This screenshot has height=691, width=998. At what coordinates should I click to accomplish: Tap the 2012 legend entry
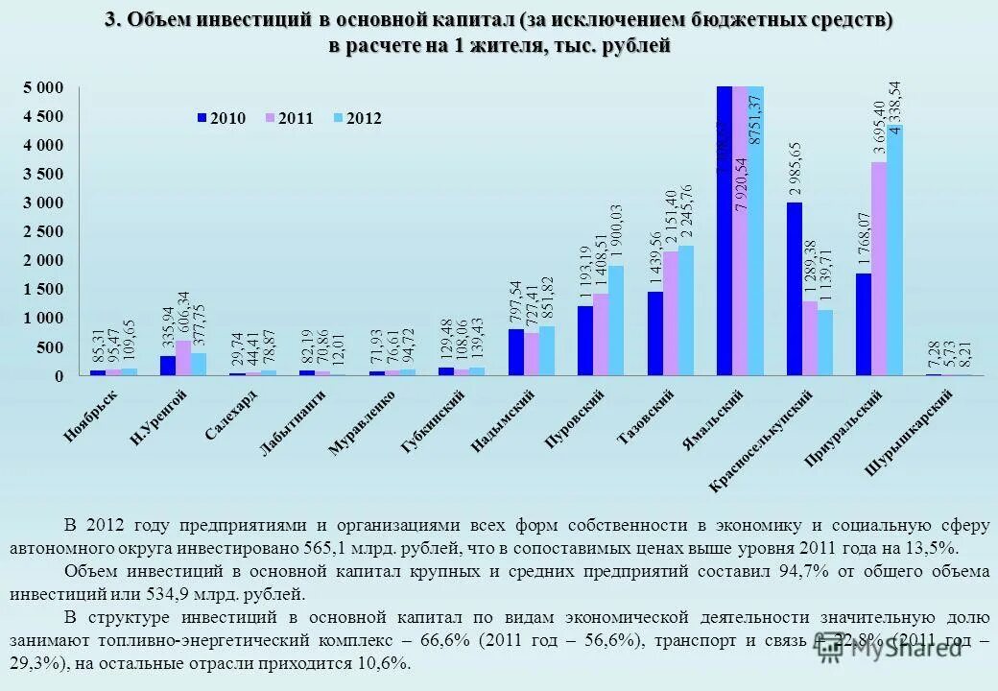click(x=356, y=118)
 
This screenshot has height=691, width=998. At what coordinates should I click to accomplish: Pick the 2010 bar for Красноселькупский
click(x=796, y=288)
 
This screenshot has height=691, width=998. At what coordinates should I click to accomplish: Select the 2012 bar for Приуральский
click(x=894, y=250)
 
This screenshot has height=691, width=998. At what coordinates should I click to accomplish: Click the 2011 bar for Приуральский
click(x=879, y=268)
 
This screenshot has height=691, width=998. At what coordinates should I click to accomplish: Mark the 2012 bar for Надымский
click(x=547, y=350)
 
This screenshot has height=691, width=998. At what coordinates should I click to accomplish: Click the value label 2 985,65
click(x=796, y=169)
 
